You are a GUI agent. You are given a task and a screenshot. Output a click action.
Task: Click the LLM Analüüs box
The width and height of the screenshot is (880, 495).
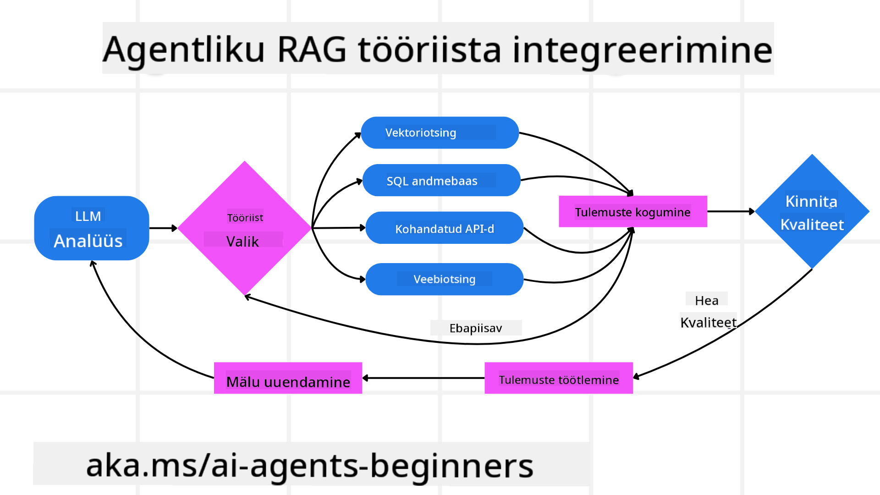click(x=91, y=228)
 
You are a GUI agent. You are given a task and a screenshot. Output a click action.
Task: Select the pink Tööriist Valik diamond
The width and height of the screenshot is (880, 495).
click(x=244, y=228)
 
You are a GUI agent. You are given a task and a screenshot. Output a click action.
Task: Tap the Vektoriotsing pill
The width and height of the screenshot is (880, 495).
click(x=440, y=132)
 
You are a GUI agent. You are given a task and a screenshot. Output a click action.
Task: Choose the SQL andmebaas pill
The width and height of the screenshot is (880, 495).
click(x=441, y=180)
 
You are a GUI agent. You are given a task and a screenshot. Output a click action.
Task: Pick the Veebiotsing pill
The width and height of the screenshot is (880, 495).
click(x=444, y=279)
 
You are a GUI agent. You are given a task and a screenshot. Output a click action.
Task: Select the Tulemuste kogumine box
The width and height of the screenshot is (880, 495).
click(x=632, y=212)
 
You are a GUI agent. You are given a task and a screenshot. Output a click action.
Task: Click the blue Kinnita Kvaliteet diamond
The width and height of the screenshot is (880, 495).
click(x=812, y=212)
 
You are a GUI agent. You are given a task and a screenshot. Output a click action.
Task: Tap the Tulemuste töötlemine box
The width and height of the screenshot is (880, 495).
click(x=558, y=379)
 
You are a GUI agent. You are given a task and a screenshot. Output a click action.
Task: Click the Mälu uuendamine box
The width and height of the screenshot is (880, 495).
click(x=288, y=379)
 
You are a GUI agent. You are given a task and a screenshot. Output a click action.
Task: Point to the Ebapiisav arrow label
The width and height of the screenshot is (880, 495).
click(x=475, y=328)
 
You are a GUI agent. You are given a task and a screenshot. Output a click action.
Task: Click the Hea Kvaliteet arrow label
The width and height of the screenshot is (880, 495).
click(x=708, y=312)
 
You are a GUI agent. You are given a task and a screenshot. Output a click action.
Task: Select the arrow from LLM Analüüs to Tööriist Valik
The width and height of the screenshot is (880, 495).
click(x=163, y=228)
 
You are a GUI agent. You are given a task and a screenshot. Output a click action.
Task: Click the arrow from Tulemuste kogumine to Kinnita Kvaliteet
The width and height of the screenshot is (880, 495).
click(x=731, y=212)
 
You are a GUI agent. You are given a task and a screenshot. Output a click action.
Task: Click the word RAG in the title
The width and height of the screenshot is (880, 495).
click(x=312, y=49)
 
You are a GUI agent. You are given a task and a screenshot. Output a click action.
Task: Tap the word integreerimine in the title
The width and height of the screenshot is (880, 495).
click(x=642, y=49)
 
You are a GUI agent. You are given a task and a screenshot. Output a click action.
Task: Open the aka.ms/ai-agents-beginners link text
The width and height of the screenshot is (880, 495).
click(x=309, y=465)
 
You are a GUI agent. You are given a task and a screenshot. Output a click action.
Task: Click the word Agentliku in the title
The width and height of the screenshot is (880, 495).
click(x=183, y=49)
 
